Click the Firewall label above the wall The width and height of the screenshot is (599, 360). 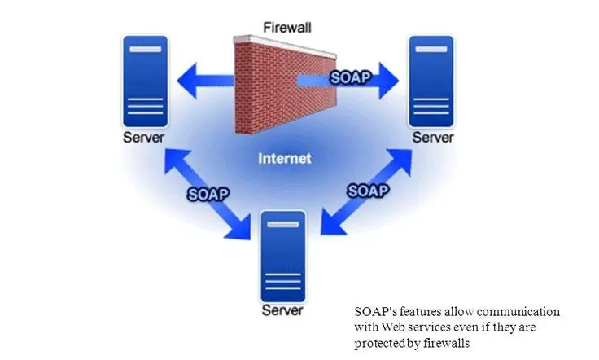click(x=287, y=28)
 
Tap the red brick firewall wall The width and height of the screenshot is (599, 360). click(x=285, y=86)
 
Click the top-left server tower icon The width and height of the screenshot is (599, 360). click(x=145, y=81)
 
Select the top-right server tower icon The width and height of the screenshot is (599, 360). click(x=431, y=81)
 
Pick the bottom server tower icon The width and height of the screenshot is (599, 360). click(x=283, y=256)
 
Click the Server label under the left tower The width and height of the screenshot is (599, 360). click(x=143, y=137)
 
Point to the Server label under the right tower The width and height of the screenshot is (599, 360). click(x=433, y=137)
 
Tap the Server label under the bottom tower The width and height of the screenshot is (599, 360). click(x=282, y=310)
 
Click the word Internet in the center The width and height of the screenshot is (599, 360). click(x=285, y=158)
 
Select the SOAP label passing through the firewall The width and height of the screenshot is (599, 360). click(x=350, y=77)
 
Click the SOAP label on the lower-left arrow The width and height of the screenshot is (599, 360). click(x=208, y=194)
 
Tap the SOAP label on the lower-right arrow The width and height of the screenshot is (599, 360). click(x=368, y=191)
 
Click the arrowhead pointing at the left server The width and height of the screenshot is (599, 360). click(x=187, y=81)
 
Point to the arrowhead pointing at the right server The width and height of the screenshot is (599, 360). click(x=389, y=81)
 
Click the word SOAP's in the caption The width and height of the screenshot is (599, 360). click(x=375, y=311)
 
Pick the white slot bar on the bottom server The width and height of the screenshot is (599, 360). click(x=283, y=224)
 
